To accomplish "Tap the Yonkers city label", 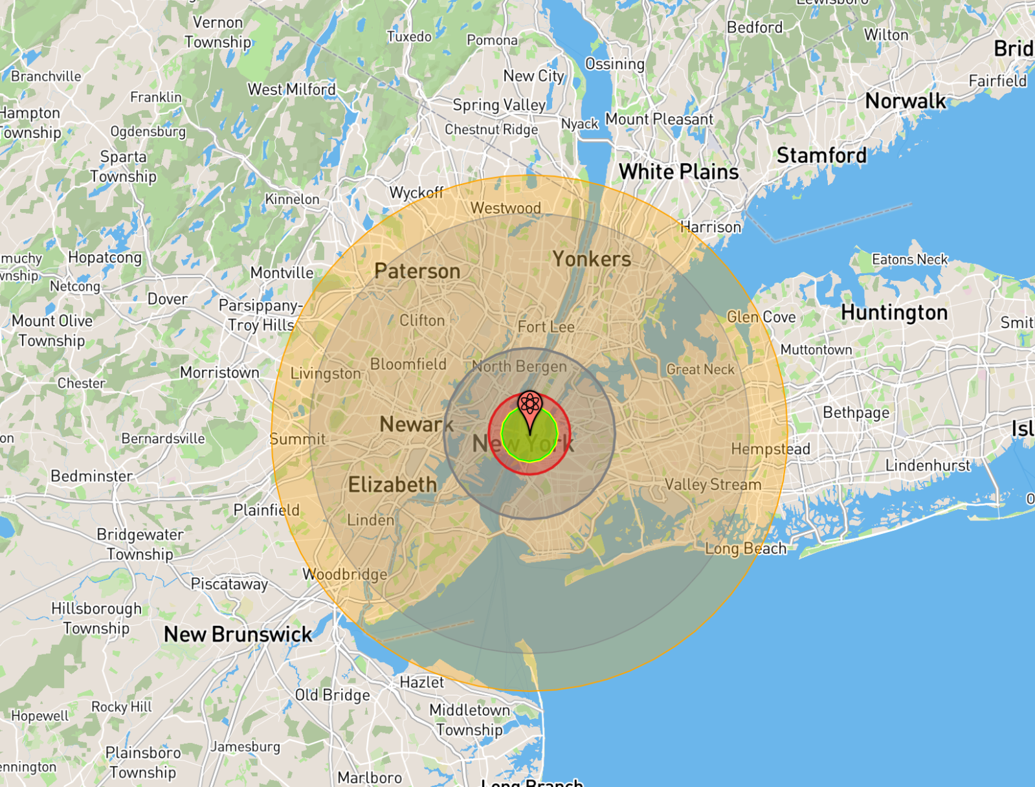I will (x=592, y=260).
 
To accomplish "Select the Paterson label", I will (x=417, y=271).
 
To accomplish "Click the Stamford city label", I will (x=821, y=156).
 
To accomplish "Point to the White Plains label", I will (x=678, y=172).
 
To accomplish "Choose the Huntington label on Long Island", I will (x=894, y=313).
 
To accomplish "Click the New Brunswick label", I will (x=238, y=634).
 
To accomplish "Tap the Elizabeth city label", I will (x=392, y=485).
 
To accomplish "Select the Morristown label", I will (x=219, y=373).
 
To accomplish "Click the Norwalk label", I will (x=906, y=102).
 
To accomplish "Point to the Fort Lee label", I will (x=546, y=327).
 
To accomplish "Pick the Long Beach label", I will (x=746, y=549).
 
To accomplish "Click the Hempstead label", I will (x=770, y=449).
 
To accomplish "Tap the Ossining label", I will (x=615, y=64).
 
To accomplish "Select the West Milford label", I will (x=292, y=90).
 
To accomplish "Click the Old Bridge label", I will (x=333, y=695).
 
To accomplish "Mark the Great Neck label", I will (x=700, y=370).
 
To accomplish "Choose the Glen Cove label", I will (x=761, y=317).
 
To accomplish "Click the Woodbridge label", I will (x=345, y=574).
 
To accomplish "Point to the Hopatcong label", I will (x=105, y=258).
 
